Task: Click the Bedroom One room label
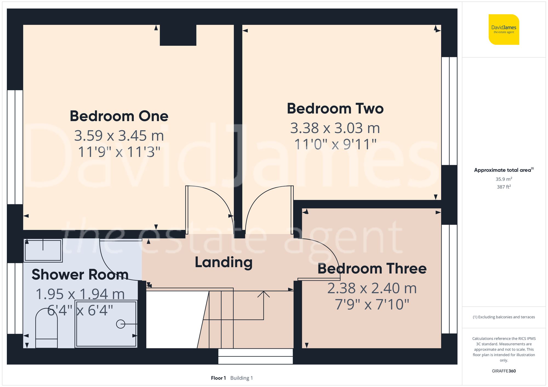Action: pyautogui.click(x=119, y=116)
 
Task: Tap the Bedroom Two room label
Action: pyautogui.click(x=335, y=109)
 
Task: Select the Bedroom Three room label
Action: pyautogui.click(x=372, y=269)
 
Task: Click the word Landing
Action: pyautogui.click(x=224, y=262)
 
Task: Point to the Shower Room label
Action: pyautogui.click(x=80, y=275)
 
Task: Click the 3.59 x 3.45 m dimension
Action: pyautogui.click(x=119, y=136)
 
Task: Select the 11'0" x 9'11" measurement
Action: pyautogui.click(x=335, y=144)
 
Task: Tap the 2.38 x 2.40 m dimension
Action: pyautogui.click(x=372, y=288)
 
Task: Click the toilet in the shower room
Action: pyautogui.click(x=47, y=328)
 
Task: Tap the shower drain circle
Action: pyautogui.click(x=121, y=324)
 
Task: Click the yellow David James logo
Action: pyautogui.click(x=504, y=30)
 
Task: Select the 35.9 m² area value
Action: pyautogui.click(x=504, y=179)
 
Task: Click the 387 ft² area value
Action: pyautogui.click(x=504, y=187)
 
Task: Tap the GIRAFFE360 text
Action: pyautogui.click(x=504, y=371)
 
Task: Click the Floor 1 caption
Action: pyautogui.click(x=218, y=378)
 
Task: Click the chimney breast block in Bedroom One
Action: pyautogui.click(x=178, y=35)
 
